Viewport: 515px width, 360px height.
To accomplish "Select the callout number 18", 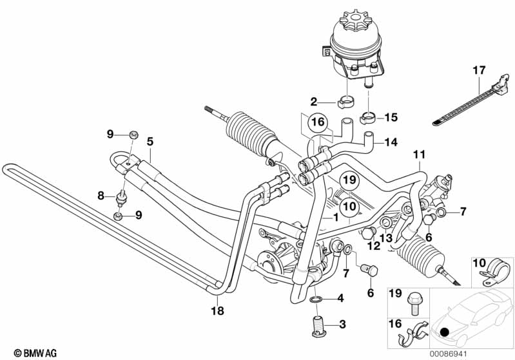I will point(217,310).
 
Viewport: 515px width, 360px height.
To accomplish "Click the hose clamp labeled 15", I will point(369,118).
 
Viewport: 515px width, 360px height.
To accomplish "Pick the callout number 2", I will point(314,100).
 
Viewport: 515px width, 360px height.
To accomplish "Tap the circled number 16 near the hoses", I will point(316,122).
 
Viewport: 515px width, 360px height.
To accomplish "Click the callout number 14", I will point(392,142).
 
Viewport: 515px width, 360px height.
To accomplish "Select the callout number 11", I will point(420,155).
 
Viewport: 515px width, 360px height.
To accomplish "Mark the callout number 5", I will point(150,140).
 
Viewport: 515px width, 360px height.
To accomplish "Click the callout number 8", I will point(101,194).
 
